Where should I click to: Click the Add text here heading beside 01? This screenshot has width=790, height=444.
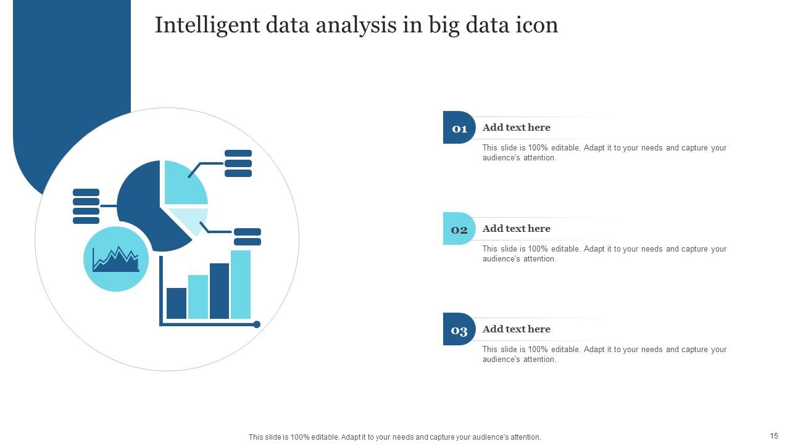pos(516,128)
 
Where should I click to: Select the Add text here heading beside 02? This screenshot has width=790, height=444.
pos(516,229)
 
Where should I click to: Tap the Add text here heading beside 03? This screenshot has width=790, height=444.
pos(516,329)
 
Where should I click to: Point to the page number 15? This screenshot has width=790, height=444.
pos(774,436)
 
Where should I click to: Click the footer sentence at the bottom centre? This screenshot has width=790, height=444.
pos(394,437)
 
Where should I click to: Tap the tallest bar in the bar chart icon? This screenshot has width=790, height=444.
pos(241,284)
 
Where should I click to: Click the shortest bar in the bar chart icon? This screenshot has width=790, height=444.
pos(177,303)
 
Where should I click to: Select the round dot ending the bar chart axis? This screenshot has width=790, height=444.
pos(257,324)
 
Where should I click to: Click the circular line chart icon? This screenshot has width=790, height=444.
pos(116,259)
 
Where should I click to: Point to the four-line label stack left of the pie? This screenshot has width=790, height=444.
pos(86,206)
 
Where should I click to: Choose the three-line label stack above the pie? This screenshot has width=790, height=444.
pos(238,163)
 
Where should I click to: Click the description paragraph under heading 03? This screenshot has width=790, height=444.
pos(604,355)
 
